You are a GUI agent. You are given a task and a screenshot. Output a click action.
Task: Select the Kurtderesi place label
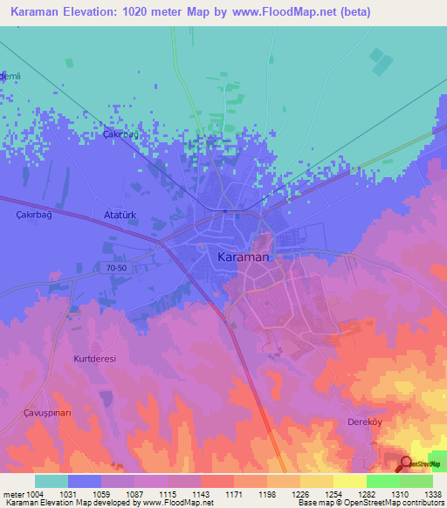(x=95, y=359)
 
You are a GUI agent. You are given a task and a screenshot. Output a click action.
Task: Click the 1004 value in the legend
(x=34, y=495)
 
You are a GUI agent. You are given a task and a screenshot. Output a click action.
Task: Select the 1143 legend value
(x=200, y=495)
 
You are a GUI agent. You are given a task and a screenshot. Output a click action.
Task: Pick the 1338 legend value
(x=432, y=495)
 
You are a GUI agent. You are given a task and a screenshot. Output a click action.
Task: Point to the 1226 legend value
(x=299, y=495)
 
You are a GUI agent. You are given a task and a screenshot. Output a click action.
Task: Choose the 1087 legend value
(x=134, y=495)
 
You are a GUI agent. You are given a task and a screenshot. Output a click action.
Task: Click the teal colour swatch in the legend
(x=52, y=481)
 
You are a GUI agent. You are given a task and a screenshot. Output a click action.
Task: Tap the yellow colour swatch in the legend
(x=350, y=481)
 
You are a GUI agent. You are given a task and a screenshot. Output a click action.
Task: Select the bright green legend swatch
(x=383, y=481)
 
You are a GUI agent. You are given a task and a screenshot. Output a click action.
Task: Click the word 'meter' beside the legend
(x=12, y=495)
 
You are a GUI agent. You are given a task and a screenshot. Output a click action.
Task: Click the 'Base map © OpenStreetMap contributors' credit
(x=368, y=504)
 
